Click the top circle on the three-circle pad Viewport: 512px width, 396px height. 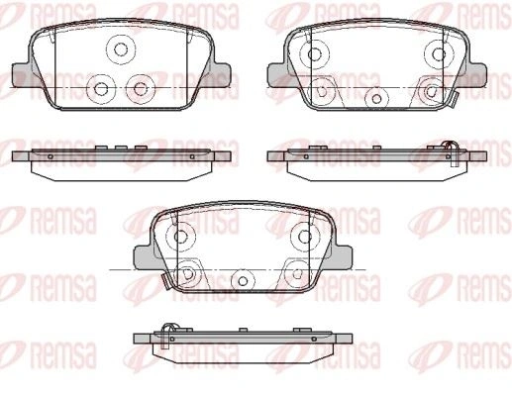pyautogui.click(x=121, y=49)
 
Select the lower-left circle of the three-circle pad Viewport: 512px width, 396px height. pyautogui.click(x=101, y=88)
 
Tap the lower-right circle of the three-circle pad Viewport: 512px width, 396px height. pyautogui.click(x=140, y=88)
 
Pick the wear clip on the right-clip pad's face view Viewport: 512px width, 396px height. pyautogui.click(x=453, y=100)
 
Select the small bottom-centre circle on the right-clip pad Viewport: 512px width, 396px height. pyautogui.click(x=376, y=98)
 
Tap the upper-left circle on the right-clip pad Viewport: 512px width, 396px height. pyautogui.click(x=315, y=54)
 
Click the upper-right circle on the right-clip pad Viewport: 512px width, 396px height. pyautogui.click(x=439, y=54)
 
